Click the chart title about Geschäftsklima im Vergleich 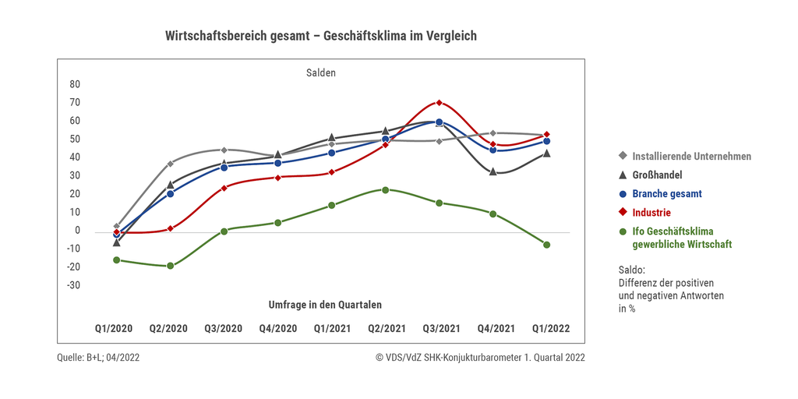[320, 36]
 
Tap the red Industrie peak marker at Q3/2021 [440, 103]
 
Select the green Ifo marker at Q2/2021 [385, 189]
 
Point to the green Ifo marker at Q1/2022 [547, 245]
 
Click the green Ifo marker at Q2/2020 [170, 266]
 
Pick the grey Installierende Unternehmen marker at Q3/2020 [224, 150]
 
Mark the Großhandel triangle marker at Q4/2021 [493, 171]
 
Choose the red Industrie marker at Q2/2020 [170, 228]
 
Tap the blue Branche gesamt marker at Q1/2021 [331, 153]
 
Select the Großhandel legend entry [657, 175]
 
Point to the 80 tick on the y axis [75, 84]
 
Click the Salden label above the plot [320, 72]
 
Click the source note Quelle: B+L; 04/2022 [99, 358]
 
